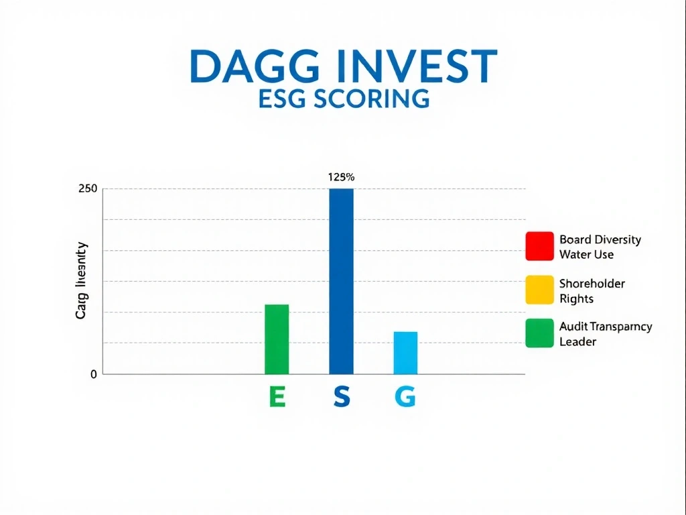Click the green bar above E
point(277,339)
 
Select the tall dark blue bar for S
point(341,281)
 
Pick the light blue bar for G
point(405,353)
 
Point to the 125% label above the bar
point(341,178)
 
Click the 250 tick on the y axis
point(88,189)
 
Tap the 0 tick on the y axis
point(94,375)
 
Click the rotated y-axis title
point(82,280)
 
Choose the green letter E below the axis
point(277,398)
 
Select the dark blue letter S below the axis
point(342,398)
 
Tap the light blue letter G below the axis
point(405,398)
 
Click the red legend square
point(539,246)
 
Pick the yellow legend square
point(539,290)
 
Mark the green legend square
point(539,333)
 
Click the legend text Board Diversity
point(600,239)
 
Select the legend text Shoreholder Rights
point(592,291)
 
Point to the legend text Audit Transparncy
point(605,327)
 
